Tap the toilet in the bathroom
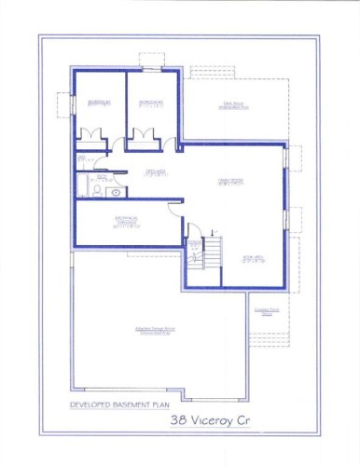click(x=97, y=191)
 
